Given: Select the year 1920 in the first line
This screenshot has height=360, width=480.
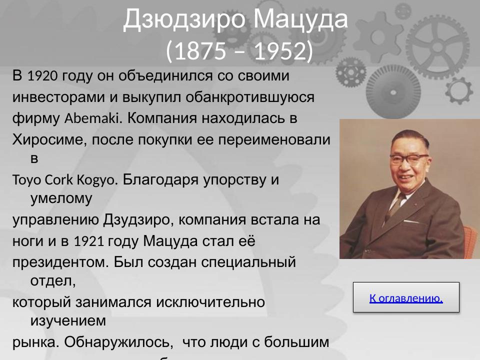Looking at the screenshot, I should click(42, 76).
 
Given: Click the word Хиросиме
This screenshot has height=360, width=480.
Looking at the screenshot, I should click(48, 139).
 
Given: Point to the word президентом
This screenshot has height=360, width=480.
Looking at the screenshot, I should click(60, 262).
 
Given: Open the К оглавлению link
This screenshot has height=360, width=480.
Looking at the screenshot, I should click(406, 298).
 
